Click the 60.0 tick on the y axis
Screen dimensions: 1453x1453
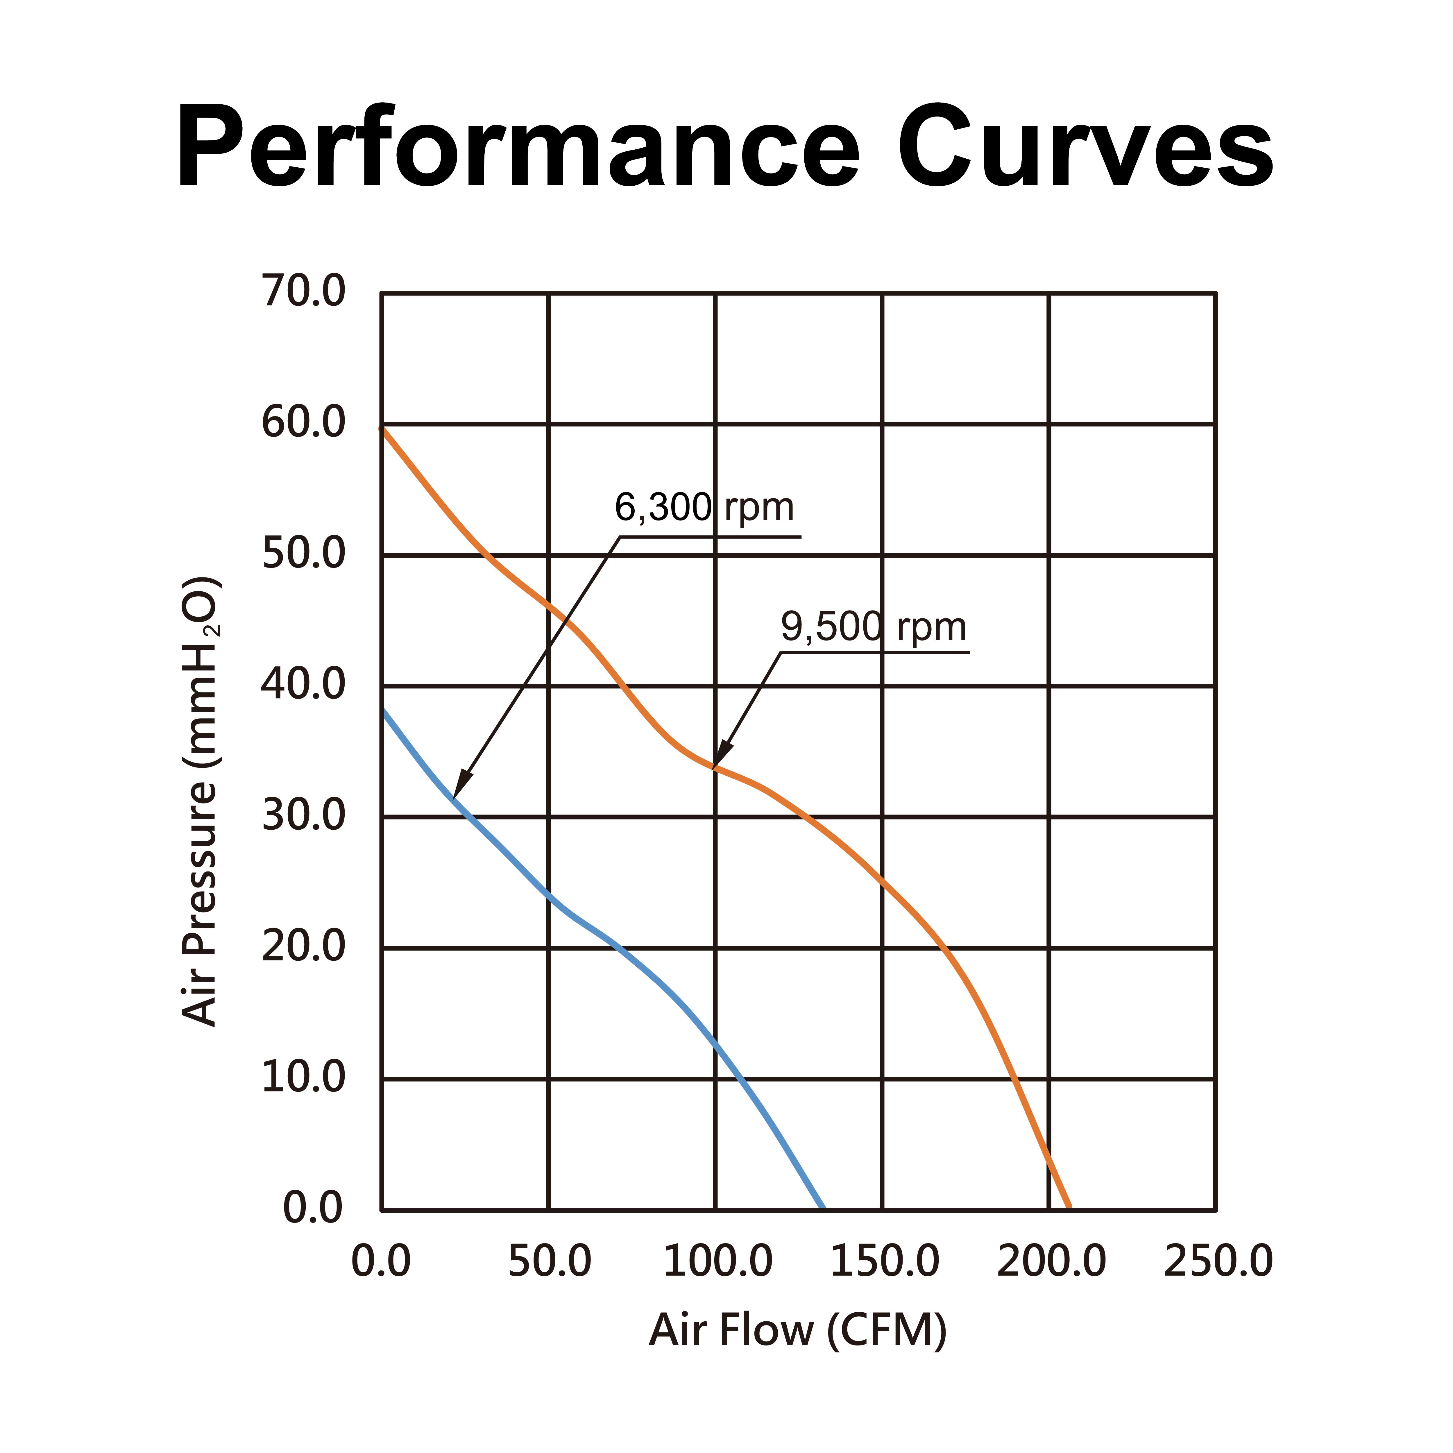[303, 423]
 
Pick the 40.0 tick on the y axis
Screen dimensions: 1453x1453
[303, 685]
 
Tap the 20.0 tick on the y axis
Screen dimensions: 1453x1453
[303, 947]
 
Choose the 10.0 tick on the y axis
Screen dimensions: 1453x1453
[303, 1078]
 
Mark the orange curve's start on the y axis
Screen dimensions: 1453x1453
[382, 429]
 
